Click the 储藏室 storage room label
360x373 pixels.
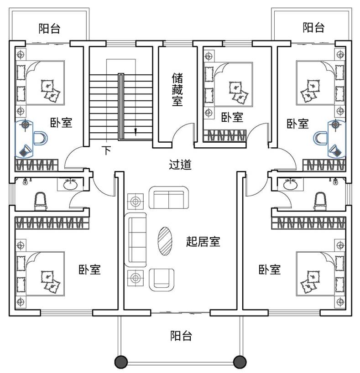(x=177, y=89)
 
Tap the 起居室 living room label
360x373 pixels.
(x=203, y=241)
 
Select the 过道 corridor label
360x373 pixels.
(x=180, y=165)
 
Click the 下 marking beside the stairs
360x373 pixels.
(x=106, y=150)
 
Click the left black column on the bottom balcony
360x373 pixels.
(x=120, y=362)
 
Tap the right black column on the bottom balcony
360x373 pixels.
(x=240, y=362)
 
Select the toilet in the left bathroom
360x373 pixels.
(x=41, y=201)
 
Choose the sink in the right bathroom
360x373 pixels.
(x=290, y=185)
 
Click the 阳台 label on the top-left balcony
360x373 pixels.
(x=49, y=29)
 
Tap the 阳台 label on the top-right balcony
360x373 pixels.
(x=314, y=27)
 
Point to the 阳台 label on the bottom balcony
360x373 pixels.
(x=181, y=336)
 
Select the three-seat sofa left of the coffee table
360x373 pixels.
(x=136, y=241)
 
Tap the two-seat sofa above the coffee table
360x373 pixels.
(x=168, y=198)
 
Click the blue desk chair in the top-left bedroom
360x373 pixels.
(x=40, y=137)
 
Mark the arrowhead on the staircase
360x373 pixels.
(x=136, y=132)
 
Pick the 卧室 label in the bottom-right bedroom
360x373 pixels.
(x=269, y=269)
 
